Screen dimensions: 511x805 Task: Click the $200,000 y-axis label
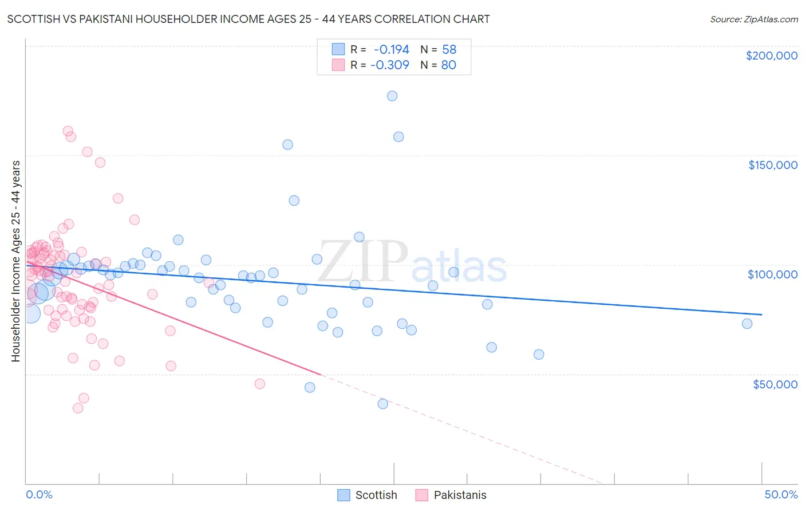pos(771,56)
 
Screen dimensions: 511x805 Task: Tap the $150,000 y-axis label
pos(772,165)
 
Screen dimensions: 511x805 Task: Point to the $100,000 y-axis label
pos(772,274)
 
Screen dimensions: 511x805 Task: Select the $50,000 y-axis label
pos(775,384)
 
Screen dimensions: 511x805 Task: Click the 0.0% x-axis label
pos(39,494)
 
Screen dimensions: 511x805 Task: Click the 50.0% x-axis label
pos(781,494)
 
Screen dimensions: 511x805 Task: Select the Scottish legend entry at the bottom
pos(367,495)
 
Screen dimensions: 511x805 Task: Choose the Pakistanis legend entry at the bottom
pos(451,495)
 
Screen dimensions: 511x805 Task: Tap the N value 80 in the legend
pos(448,65)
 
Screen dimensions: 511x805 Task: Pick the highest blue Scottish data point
pos(392,96)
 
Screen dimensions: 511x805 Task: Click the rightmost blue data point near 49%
pos(747,324)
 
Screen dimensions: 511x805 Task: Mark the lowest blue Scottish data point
pos(383,404)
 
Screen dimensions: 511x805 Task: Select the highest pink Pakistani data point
pos(68,131)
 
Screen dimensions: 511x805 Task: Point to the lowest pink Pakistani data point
pos(78,408)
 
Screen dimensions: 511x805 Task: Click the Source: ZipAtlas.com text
pos(753,19)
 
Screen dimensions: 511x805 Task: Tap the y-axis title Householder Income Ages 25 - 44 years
pos(15,261)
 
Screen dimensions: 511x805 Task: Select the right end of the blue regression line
pos(761,315)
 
